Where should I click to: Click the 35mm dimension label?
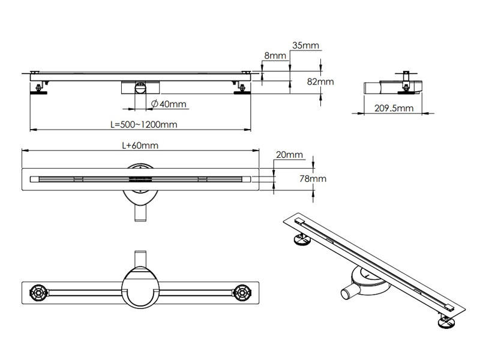(305, 45)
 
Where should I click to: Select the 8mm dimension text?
(275, 55)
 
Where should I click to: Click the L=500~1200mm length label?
(143, 124)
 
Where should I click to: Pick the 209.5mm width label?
(394, 108)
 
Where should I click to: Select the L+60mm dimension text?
(140, 145)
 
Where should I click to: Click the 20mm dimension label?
(289, 155)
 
